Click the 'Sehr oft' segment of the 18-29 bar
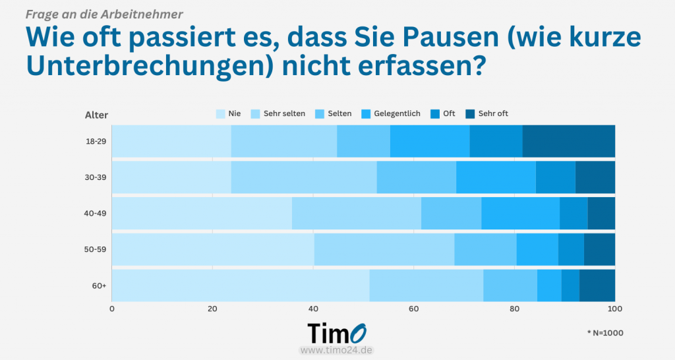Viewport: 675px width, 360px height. [568, 141]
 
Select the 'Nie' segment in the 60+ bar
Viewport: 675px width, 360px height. [241, 285]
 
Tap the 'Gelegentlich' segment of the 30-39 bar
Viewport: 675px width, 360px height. [496, 177]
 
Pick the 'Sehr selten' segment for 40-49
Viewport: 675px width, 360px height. [356, 213]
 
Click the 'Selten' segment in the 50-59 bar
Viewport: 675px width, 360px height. [485, 249]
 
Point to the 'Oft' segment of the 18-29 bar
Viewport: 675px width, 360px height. [496, 141]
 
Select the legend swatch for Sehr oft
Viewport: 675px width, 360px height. [471, 113]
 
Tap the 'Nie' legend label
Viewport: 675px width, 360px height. [234, 113]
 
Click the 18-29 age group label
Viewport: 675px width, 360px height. [96, 141]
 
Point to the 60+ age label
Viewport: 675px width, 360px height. [100, 285]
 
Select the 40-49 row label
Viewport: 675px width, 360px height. [96, 213]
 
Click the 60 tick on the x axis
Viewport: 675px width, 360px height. [413, 309]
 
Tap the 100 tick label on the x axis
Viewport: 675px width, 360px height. [614, 309]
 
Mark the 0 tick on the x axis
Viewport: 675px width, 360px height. [112, 309]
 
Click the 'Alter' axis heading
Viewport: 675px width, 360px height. [96, 115]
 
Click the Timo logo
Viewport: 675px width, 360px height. [337, 332]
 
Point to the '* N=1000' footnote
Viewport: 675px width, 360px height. [604, 333]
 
